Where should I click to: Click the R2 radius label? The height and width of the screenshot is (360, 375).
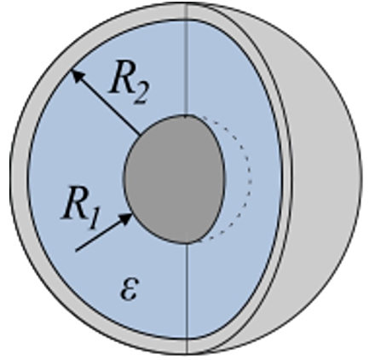[x=129, y=82]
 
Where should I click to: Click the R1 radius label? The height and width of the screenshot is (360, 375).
[x=81, y=206]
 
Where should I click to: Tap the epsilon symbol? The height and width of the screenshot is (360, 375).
[x=130, y=288]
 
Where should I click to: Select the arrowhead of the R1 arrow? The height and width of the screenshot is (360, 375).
[x=126, y=218]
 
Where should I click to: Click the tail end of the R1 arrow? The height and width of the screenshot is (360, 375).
[x=76, y=251]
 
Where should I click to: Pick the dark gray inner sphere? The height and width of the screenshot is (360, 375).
[x=175, y=179]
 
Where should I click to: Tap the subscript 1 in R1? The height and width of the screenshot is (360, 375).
[x=94, y=218]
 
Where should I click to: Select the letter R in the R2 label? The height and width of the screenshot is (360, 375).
[x=119, y=77]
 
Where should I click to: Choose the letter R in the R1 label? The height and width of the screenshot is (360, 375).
[x=73, y=202]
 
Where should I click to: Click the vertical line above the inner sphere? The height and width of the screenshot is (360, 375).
[x=187, y=59]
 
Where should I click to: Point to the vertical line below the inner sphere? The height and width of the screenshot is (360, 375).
[x=187, y=299]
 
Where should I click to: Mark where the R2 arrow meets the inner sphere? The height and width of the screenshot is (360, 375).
[x=140, y=135]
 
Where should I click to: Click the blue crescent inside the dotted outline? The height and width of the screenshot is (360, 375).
[x=236, y=179]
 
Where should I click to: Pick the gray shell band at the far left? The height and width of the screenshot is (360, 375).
[x=20, y=179]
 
